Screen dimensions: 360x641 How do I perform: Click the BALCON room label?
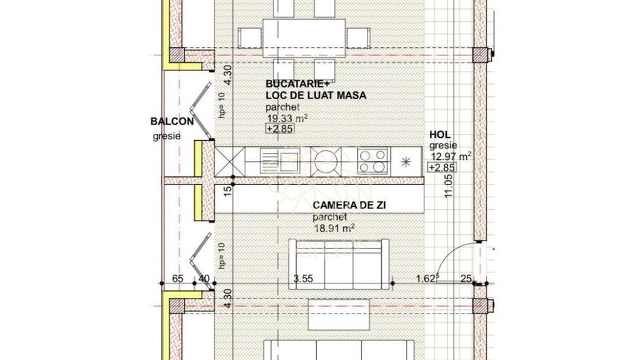click(172, 122)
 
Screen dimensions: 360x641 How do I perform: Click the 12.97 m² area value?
click(450, 156)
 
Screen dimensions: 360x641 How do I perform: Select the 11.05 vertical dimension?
click(449, 184)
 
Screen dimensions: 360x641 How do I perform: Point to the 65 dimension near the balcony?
click(178, 279)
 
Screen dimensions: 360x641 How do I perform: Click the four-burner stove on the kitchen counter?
click(372, 162)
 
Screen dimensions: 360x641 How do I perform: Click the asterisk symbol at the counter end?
click(406, 162)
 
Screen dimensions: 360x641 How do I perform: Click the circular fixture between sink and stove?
click(325, 162)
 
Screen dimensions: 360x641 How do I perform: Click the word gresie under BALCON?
click(167, 136)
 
